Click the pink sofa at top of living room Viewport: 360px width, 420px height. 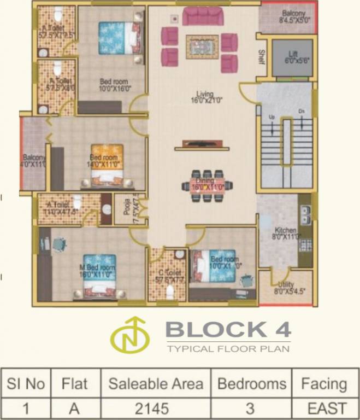point(203,16)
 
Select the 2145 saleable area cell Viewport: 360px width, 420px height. point(156,408)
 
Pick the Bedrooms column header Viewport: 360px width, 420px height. point(252,383)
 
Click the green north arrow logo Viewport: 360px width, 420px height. point(130,334)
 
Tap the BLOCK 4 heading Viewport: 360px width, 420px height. point(228,329)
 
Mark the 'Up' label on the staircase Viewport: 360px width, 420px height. point(272,117)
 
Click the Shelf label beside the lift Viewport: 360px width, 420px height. point(262,56)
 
